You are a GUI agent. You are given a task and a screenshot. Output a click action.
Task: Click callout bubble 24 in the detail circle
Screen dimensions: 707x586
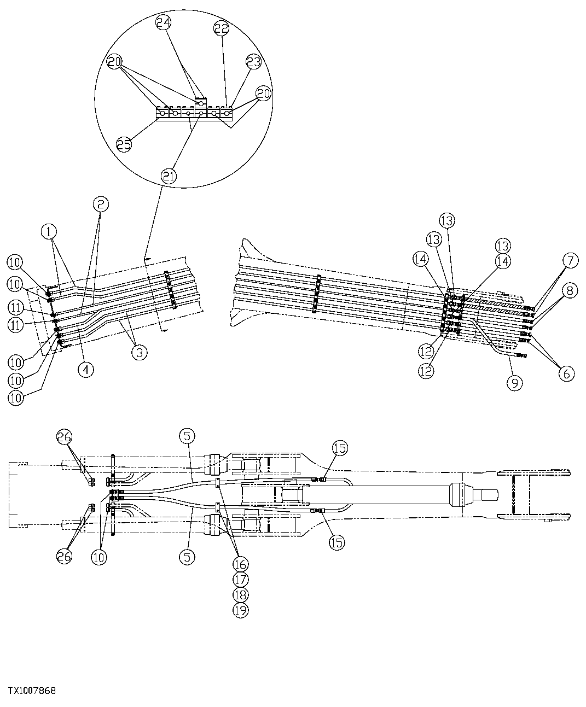[163, 22]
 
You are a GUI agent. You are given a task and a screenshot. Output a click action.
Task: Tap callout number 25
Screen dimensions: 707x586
[124, 144]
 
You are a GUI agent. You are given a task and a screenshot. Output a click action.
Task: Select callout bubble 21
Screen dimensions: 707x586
[169, 176]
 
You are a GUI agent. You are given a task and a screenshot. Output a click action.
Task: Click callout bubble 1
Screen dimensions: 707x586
[49, 231]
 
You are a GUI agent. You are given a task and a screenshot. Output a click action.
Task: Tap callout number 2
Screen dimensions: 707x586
[101, 204]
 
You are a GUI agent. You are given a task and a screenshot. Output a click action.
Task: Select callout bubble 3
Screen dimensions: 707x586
[139, 352]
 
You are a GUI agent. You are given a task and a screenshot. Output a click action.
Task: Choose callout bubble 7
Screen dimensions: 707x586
[570, 261]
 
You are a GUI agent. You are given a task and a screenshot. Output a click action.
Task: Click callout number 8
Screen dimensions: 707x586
[570, 291]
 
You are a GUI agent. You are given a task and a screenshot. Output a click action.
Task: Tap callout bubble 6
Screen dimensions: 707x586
[566, 373]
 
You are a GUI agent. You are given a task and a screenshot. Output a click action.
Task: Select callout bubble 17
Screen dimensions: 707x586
[241, 579]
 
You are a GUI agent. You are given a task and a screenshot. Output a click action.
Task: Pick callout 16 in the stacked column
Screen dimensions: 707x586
[241, 563]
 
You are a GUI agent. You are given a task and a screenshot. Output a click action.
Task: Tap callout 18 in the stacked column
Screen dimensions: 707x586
[241, 594]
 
